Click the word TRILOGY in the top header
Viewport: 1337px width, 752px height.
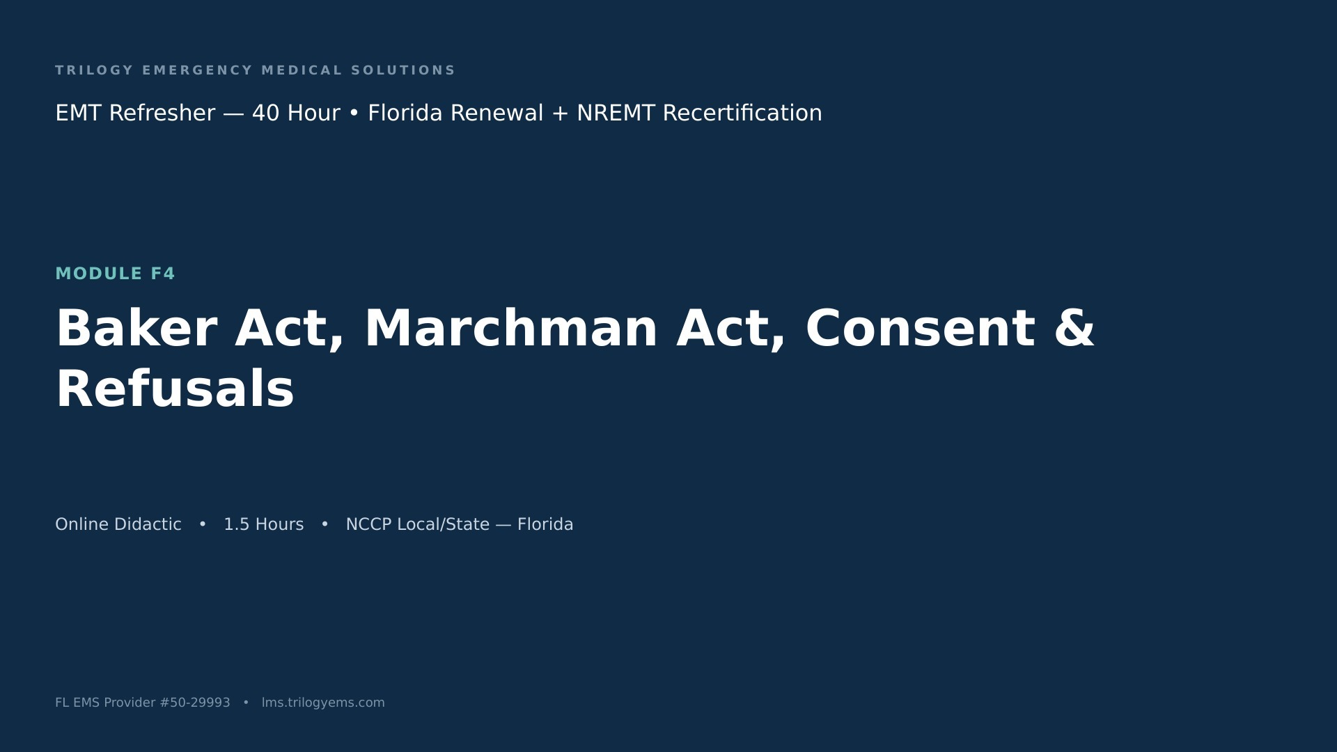click(95, 70)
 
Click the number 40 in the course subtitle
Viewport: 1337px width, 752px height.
click(267, 113)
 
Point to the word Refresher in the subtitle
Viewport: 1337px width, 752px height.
click(162, 113)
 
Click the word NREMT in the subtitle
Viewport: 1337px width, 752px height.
click(616, 113)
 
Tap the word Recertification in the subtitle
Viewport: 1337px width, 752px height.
click(742, 113)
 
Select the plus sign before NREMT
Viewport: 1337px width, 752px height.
click(560, 113)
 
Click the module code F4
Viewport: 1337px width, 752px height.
click(163, 274)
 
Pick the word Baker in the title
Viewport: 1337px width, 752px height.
click(136, 328)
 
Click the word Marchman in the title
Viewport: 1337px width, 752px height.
click(511, 328)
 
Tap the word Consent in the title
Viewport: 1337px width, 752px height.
click(920, 328)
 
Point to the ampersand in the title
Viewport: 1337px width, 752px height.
click(1074, 328)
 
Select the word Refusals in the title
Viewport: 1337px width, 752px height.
click(175, 389)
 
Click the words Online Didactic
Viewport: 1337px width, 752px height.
click(118, 524)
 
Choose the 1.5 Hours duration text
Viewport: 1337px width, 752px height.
click(263, 524)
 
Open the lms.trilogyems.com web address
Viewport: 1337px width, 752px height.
click(323, 703)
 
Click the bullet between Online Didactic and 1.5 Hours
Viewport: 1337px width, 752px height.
click(203, 524)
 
